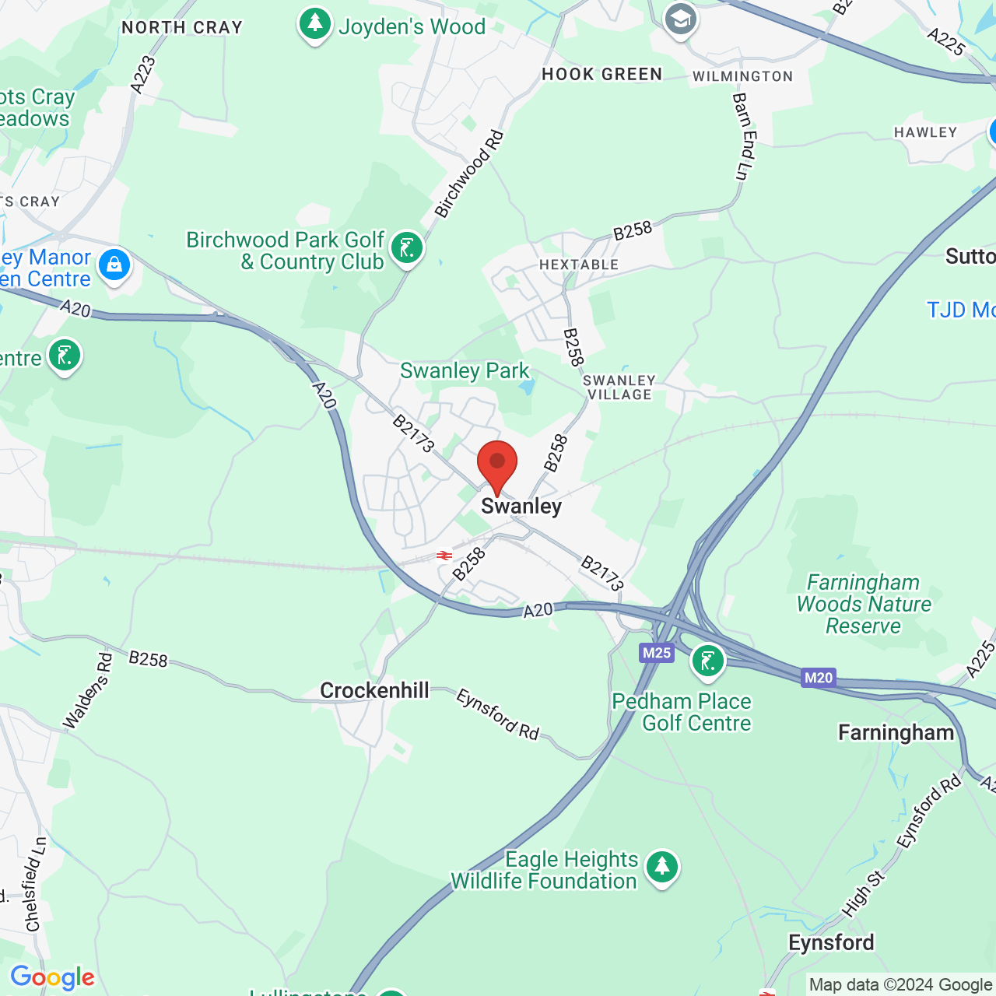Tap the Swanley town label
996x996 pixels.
coord(521,507)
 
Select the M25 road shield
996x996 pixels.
coord(657,653)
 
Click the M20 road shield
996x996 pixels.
coord(819,678)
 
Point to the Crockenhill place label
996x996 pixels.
coord(374,690)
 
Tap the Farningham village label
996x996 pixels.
coord(896,733)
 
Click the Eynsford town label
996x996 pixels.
coord(831,943)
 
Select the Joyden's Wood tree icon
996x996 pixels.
coord(315,24)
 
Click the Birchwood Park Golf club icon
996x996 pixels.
coord(407,248)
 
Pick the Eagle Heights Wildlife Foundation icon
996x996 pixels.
coord(662,866)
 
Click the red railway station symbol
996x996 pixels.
coord(444,556)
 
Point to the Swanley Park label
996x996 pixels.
coord(465,371)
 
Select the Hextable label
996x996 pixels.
coord(579,265)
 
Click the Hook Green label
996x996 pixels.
coord(601,75)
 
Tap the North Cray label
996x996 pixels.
coord(182,28)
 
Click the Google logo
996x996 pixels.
coord(53,977)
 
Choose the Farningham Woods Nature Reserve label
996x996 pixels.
coord(864,604)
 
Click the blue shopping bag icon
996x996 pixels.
coord(114,265)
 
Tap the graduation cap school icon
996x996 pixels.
coord(681,19)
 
